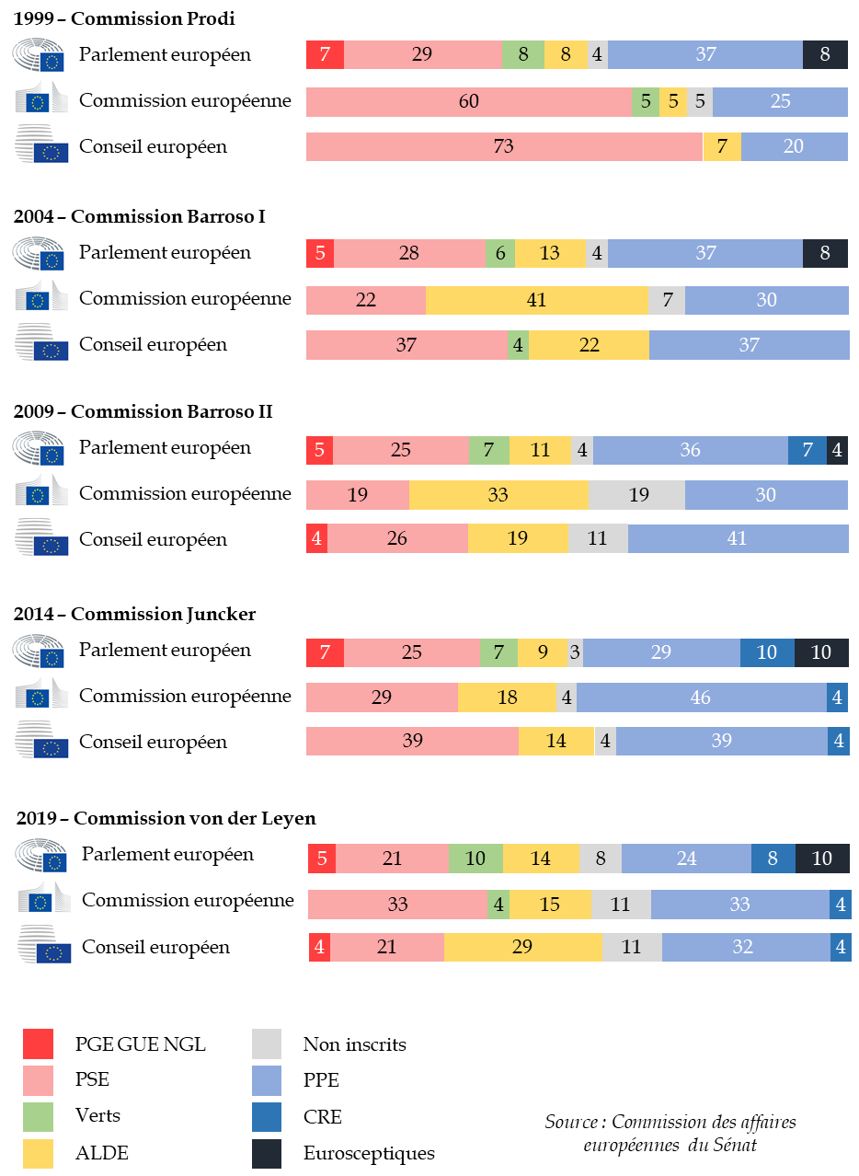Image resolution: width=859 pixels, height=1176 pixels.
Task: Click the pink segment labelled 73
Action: coord(504,146)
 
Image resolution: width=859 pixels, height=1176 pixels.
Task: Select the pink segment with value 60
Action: coord(469,101)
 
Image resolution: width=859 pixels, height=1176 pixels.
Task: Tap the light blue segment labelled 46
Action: coord(701,698)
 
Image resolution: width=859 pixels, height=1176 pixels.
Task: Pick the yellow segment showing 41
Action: coord(537,300)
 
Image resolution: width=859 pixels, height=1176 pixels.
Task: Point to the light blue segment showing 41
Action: coord(738,538)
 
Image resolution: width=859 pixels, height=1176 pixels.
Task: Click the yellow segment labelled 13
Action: coord(550,253)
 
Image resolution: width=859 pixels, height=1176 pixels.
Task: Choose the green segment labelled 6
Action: coord(499,253)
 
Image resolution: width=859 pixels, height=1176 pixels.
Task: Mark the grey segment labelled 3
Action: coord(575,653)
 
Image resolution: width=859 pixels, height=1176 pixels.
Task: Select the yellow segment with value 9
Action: coord(543,653)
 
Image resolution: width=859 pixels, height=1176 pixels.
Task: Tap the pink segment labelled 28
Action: coord(409,253)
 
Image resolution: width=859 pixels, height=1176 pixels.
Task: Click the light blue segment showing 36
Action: coord(691,450)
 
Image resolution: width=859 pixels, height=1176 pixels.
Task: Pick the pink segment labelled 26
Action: coord(397,538)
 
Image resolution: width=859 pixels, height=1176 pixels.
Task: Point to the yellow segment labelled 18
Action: coord(508,698)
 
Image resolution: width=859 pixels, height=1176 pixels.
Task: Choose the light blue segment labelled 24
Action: coord(686,859)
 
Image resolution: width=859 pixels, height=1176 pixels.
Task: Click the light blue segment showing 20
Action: coord(794,146)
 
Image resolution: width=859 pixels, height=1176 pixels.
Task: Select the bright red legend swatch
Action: coord(38,1043)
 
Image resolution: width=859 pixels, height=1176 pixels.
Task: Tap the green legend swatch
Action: coord(38,1117)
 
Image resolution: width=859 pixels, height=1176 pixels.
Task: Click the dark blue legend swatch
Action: coord(267,1117)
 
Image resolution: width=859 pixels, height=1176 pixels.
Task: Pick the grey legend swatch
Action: coord(267,1043)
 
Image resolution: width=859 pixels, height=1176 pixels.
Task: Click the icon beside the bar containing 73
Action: coord(41,144)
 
